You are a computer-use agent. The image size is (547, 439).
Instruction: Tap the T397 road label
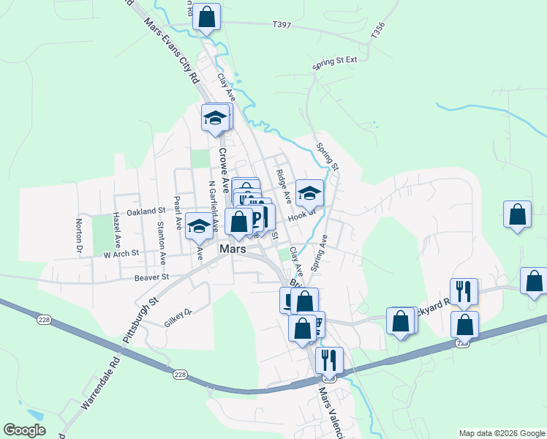click(x=282, y=24)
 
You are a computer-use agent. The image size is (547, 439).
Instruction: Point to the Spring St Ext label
click(x=334, y=61)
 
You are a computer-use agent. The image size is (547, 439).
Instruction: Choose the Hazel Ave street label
click(x=116, y=230)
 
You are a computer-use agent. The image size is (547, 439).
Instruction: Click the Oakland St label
click(x=146, y=211)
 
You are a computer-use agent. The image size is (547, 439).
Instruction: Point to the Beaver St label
click(x=151, y=277)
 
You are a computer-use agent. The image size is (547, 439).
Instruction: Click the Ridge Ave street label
click(x=284, y=186)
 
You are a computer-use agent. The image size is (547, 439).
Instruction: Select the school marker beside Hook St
click(x=309, y=193)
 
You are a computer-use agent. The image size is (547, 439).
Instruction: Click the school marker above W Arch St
click(x=198, y=225)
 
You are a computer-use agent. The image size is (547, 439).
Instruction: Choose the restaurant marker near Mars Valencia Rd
click(x=329, y=359)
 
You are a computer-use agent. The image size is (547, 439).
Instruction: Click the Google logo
click(x=25, y=430)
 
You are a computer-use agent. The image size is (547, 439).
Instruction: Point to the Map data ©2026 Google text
click(x=502, y=433)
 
